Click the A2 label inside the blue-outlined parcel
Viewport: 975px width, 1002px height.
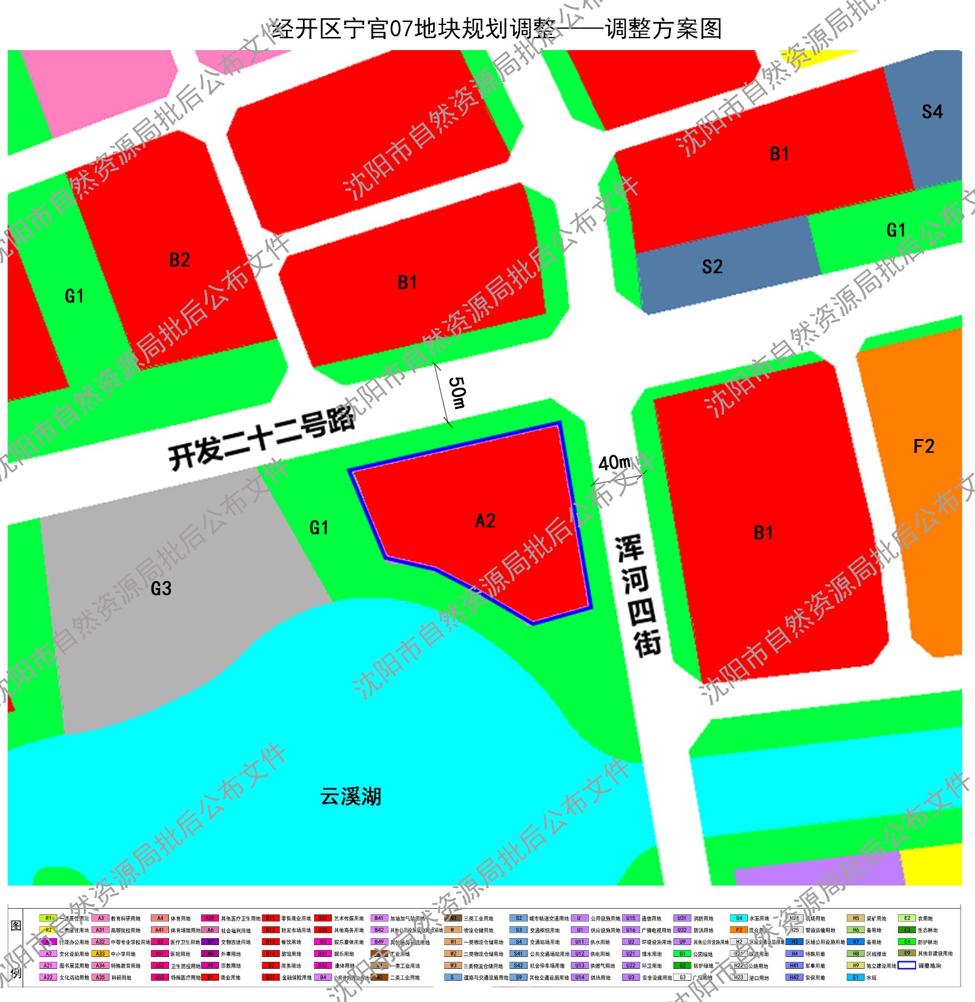pos(485,521)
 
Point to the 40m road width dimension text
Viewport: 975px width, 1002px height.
pos(615,463)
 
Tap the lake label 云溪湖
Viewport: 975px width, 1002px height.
pos(350,797)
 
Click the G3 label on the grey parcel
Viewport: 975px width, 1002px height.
pos(161,589)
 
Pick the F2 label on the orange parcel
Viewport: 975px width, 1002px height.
pos(924,447)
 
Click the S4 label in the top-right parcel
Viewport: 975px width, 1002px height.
pos(932,112)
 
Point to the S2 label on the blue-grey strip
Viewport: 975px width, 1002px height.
pos(712,267)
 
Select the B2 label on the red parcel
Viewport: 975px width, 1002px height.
pos(180,260)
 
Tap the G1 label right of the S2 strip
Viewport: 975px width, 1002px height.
pos(896,230)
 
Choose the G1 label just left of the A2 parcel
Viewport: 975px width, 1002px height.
pos(319,528)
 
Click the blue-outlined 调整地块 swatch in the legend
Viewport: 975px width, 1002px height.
pos(907,966)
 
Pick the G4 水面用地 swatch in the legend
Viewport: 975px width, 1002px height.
pos(738,919)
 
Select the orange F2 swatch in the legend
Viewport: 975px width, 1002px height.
pos(738,930)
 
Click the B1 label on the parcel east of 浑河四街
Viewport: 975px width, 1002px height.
pos(763,533)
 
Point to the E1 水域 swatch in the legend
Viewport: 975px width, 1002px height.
pos(855,978)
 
